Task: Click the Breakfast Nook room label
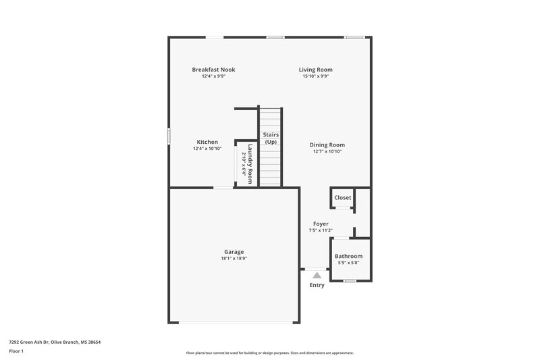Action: point(213,70)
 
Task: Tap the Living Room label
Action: point(316,70)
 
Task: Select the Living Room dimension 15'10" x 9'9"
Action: point(316,76)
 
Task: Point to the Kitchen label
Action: point(207,142)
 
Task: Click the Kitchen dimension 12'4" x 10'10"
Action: point(207,149)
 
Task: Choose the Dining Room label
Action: point(327,145)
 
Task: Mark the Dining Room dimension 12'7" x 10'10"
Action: point(327,151)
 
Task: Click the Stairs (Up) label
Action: point(271,138)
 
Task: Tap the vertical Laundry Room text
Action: point(249,164)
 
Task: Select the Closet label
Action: point(343,198)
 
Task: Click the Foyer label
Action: point(321,224)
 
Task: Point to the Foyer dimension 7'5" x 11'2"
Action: point(321,230)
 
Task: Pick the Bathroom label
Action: point(349,256)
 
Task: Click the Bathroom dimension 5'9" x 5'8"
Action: point(349,263)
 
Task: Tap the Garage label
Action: point(234,252)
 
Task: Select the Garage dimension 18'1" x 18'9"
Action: point(234,259)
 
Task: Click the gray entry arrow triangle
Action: point(317,275)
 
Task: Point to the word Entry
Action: point(317,285)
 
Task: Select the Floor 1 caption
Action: point(16,352)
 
